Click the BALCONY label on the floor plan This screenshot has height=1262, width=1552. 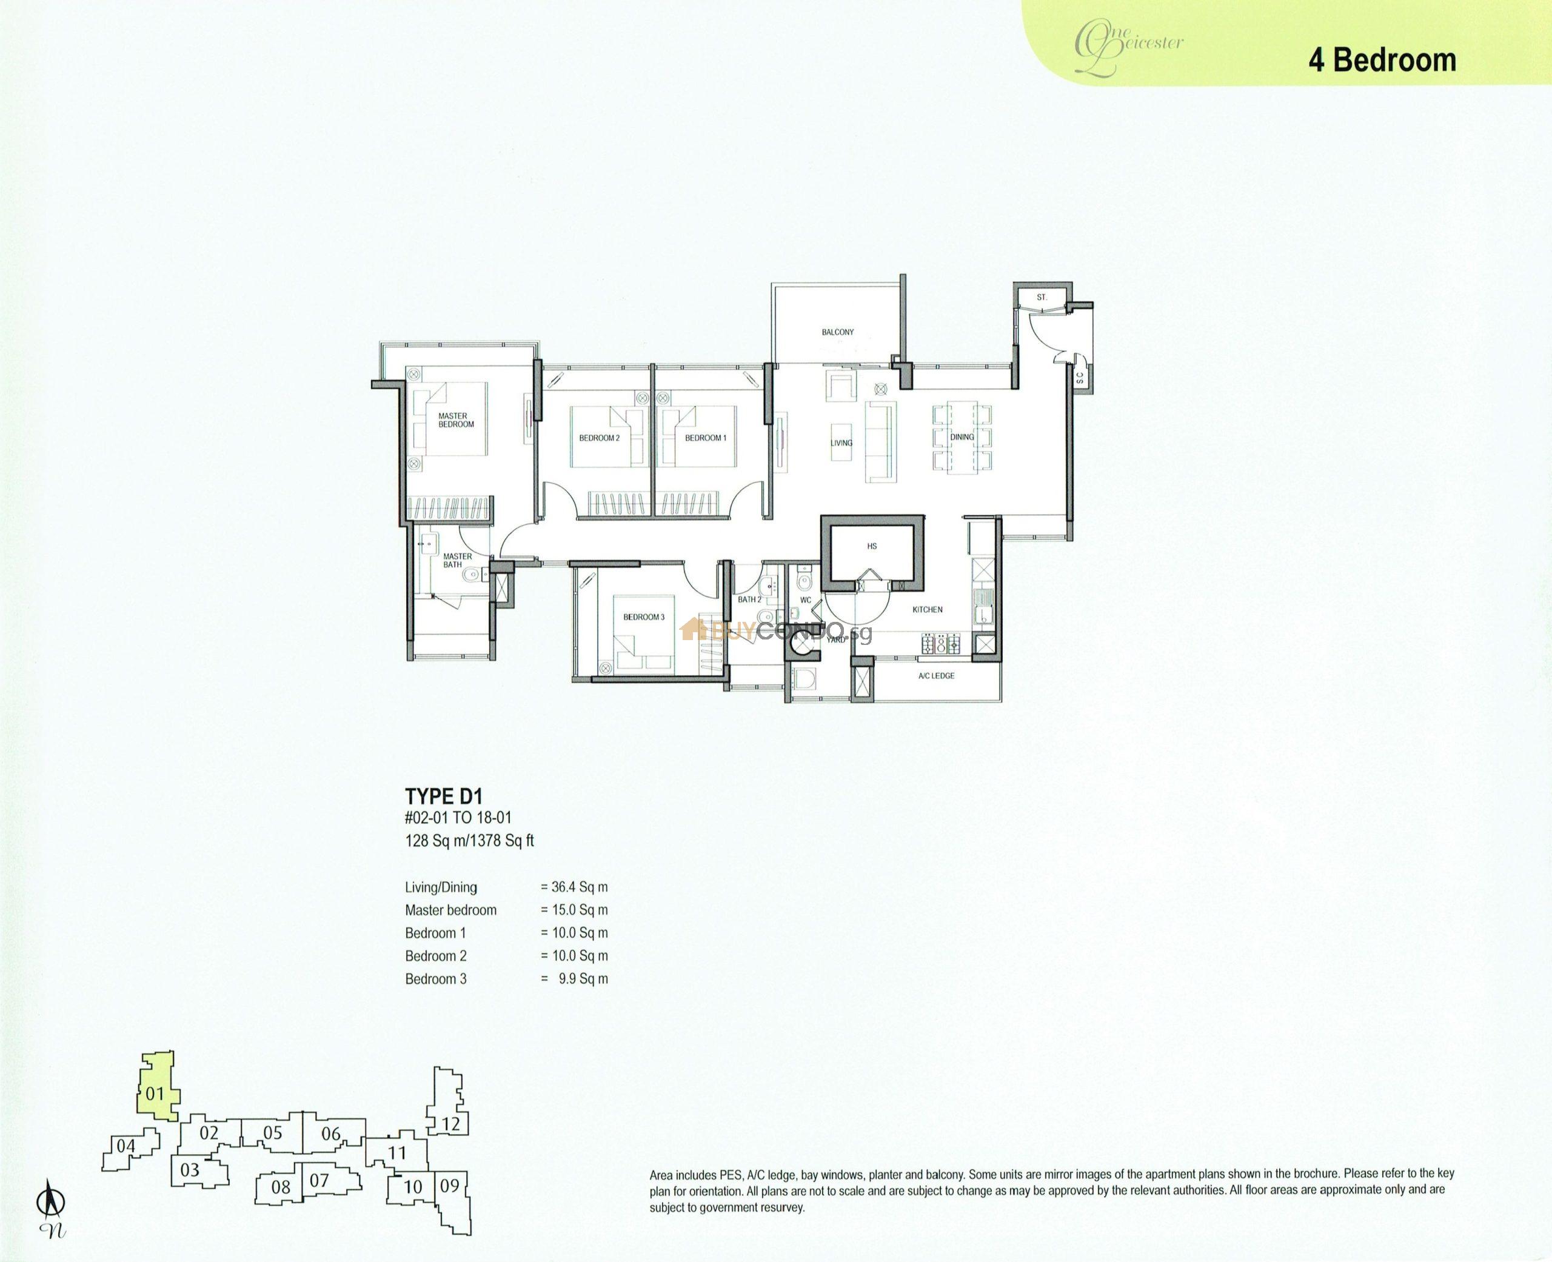pos(837,332)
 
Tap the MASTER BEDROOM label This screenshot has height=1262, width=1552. pos(456,420)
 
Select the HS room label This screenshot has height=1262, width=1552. pos(872,546)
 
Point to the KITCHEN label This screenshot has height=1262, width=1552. pos(928,609)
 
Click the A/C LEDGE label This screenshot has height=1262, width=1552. pos(936,676)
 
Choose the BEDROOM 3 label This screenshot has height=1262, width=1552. pos(644,617)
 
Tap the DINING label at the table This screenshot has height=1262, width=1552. pos(962,437)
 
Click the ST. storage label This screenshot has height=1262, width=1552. pos(1042,298)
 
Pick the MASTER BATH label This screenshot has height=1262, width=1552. pos(457,559)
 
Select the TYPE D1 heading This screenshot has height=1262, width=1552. pos(443,796)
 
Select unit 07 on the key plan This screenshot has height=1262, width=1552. pos(320,1180)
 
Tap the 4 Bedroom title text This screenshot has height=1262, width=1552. pos(1382,59)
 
